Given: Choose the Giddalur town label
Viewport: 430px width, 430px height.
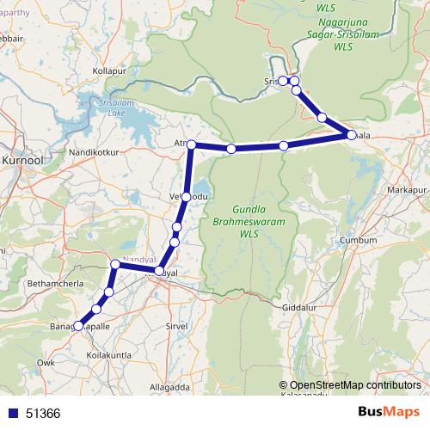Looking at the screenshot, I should tap(302, 307).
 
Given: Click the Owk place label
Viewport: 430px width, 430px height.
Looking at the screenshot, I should tap(46, 364).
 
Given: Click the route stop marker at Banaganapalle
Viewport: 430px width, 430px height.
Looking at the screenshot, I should tap(78, 326).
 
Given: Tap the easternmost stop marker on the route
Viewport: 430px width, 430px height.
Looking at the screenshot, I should tap(351, 135).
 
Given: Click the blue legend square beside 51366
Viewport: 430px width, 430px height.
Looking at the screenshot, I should tap(11, 414).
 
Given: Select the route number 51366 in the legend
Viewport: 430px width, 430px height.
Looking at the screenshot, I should tap(43, 414).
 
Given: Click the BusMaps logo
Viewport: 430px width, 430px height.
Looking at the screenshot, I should tap(388, 413).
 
